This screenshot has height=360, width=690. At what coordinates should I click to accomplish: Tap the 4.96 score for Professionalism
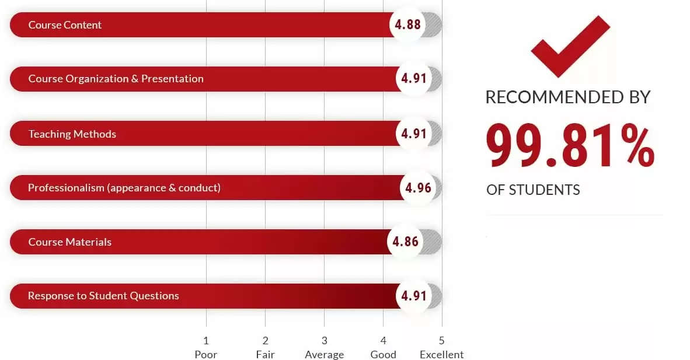(418, 188)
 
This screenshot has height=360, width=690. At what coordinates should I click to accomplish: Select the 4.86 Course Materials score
(406, 242)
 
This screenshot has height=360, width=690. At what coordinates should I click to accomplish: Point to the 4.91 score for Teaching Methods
(414, 134)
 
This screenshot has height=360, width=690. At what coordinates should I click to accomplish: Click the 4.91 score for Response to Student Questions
(414, 295)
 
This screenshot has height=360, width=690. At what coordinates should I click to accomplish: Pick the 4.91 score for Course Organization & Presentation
(414, 79)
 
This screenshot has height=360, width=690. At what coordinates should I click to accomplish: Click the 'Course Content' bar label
(65, 25)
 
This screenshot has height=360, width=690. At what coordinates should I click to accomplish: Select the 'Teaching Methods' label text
(72, 134)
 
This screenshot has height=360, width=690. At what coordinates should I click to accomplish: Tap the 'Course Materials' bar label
(69, 242)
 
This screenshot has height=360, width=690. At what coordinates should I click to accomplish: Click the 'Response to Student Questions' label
(103, 296)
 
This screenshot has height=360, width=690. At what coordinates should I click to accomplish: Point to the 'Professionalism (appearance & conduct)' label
(124, 188)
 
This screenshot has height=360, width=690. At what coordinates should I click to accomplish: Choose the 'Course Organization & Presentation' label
(116, 79)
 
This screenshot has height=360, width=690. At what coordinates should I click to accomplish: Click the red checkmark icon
(570, 46)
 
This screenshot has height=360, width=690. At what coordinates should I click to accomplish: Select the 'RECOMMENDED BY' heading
(567, 97)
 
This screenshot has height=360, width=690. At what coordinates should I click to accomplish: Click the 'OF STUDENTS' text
(533, 190)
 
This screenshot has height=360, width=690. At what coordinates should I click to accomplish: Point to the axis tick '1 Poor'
(205, 347)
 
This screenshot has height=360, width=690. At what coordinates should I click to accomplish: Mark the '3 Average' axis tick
(324, 347)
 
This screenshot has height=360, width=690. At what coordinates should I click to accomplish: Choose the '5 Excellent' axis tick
(441, 347)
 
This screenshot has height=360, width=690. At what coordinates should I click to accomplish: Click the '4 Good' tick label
(383, 347)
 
